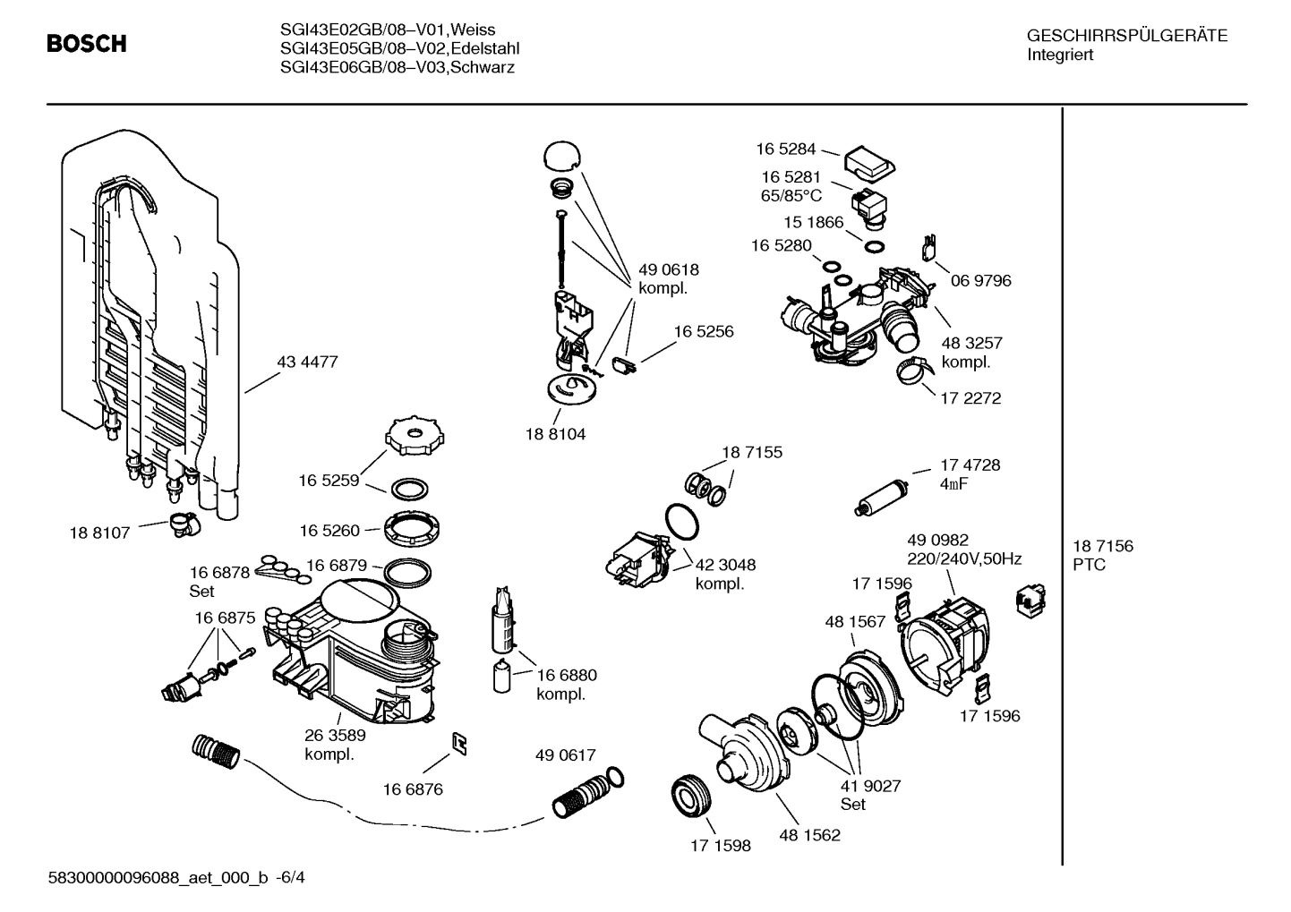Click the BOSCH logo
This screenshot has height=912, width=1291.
click(86, 44)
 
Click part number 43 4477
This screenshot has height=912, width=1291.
click(307, 362)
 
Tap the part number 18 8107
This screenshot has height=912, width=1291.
click(99, 533)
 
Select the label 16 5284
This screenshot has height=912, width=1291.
click(785, 149)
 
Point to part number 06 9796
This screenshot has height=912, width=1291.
click(980, 281)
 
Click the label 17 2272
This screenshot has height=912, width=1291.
click(970, 398)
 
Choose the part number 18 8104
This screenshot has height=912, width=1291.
click(555, 434)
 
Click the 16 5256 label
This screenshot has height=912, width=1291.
click(703, 332)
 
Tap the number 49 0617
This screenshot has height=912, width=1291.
click(565, 755)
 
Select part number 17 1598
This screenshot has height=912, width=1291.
click(720, 845)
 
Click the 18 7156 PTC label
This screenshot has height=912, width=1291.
click(1102, 555)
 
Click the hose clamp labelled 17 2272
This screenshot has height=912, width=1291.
click(915, 371)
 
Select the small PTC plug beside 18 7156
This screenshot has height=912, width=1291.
click(1022, 601)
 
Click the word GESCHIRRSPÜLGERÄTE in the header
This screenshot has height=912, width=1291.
click(1126, 37)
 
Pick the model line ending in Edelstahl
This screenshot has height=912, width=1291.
click(399, 48)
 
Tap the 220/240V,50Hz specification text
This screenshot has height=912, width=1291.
click(964, 559)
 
